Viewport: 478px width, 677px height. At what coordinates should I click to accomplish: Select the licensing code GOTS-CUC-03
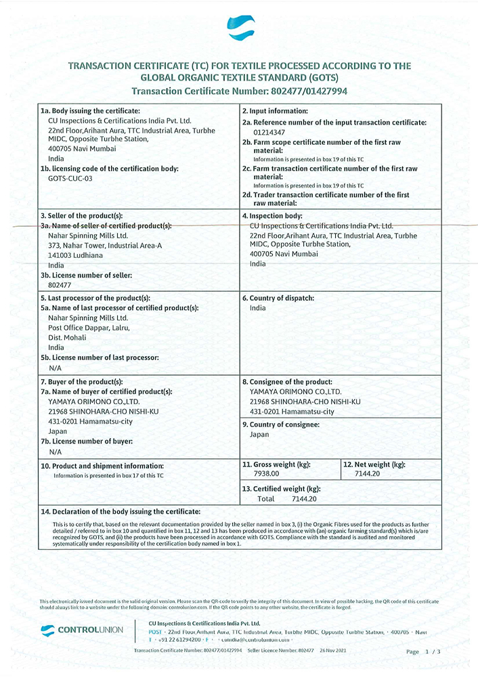(70, 178)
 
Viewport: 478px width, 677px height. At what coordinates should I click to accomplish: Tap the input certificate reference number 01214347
(269, 133)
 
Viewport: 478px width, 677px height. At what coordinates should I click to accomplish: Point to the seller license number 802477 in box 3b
(60, 285)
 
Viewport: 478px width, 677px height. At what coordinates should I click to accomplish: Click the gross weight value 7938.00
(265, 474)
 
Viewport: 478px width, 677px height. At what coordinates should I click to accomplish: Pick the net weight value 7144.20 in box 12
(367, 474)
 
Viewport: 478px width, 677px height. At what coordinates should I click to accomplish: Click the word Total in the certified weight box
(266, 498)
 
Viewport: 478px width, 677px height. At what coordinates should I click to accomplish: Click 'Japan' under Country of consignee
(260, 435)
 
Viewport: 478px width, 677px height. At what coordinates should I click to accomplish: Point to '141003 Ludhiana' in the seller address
(75, 255)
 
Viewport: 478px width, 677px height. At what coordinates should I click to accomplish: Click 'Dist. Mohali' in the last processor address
(68, 337)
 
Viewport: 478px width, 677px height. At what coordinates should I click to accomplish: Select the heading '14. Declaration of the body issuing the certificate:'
(121, 512)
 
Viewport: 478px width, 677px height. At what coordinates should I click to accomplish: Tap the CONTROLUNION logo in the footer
(82, 630)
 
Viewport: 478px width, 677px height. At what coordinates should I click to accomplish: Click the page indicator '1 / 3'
(433, 651)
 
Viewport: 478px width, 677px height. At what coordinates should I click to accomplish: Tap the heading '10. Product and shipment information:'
(102, 466)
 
